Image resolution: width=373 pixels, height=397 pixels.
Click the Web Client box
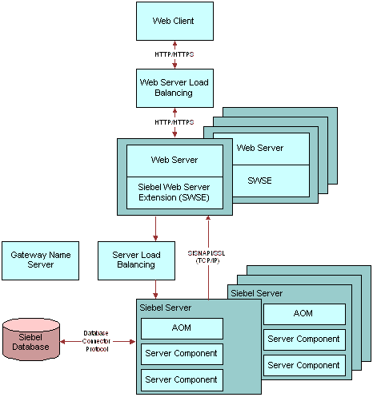pos(174,22)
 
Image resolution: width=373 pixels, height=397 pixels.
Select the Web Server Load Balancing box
pos(174,89)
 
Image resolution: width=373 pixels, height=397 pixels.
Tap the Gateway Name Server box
pos(40,260)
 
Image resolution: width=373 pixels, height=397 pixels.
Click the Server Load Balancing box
pos(136,260)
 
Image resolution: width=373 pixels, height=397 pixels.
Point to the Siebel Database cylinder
pos(31,339)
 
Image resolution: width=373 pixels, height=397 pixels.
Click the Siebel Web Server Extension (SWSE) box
pos(174,193)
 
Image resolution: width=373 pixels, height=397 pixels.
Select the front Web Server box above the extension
pos(174,161)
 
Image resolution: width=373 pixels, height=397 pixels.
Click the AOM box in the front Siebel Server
pos(182,328)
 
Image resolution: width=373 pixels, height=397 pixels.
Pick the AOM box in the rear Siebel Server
pos(304,314)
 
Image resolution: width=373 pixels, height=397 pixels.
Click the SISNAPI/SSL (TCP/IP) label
pos(207,256)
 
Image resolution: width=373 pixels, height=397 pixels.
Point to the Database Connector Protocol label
pos(96,341)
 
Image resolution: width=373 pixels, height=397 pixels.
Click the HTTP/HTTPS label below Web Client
pos(174,54)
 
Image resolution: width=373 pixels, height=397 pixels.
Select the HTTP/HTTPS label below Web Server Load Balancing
pos(174,122)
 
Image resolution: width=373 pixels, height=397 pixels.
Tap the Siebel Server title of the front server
pos(166,308)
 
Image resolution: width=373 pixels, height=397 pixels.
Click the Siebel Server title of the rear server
pos(257,293)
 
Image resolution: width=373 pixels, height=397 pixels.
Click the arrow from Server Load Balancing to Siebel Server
pos(155,289)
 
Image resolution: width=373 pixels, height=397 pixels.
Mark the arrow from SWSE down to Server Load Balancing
pos(155,228)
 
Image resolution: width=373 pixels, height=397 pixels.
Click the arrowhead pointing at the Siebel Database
pos(62,342)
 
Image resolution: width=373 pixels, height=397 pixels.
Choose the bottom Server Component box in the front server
pos(182,380)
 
